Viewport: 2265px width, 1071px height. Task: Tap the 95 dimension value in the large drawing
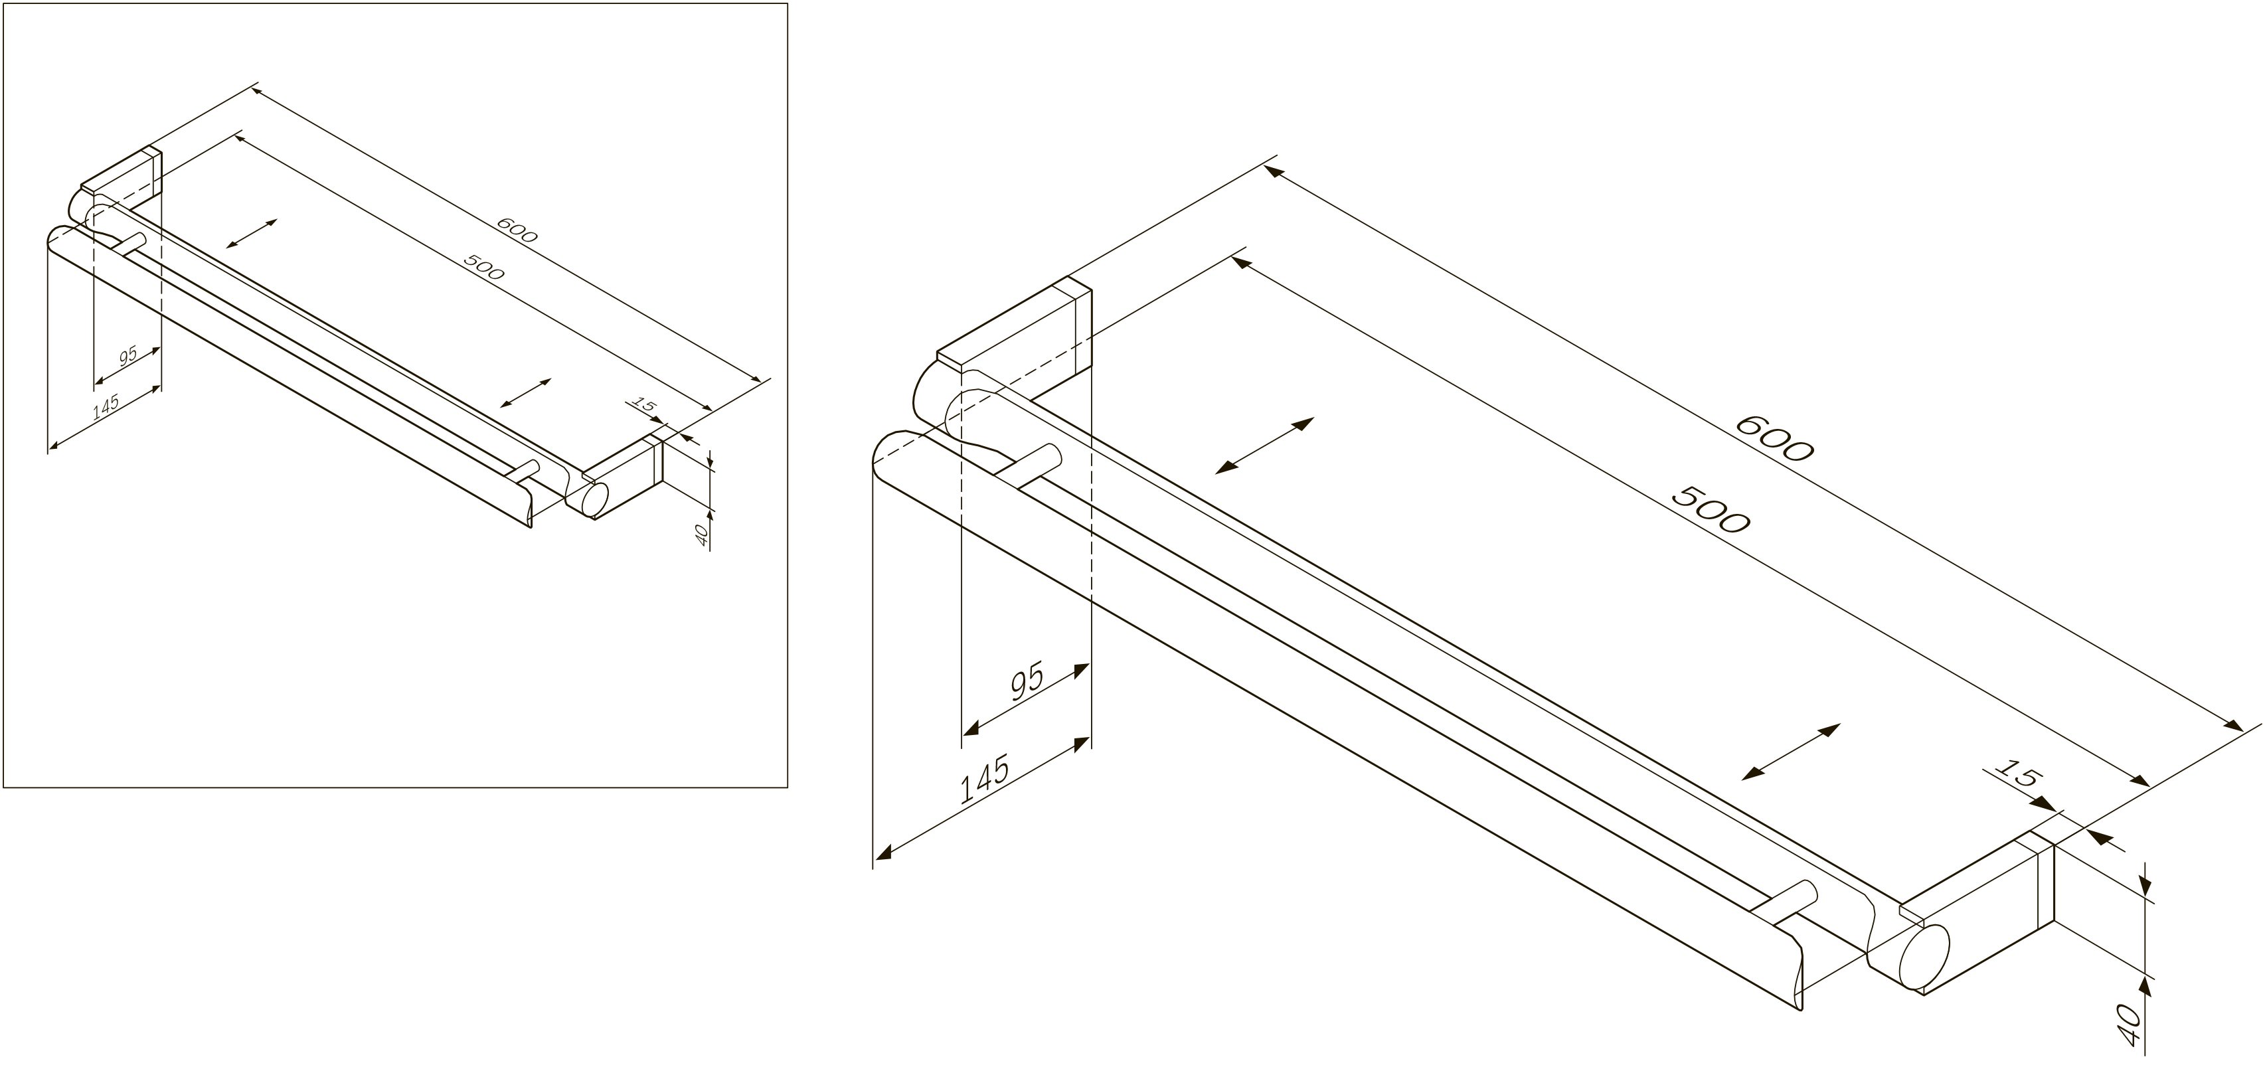click(1026, 683)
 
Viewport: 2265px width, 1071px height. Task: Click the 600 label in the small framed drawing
click(516, 230)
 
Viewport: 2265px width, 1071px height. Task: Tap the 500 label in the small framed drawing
click(483, 266)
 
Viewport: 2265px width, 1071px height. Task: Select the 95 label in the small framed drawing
click(128, 356)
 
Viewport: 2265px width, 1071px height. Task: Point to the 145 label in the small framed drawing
click(105, 406)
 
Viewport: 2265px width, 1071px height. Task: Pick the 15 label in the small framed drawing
click(645, 406)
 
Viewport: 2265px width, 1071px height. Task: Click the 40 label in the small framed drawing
click(702, 535)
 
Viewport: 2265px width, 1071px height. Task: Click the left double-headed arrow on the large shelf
click(1264, 446)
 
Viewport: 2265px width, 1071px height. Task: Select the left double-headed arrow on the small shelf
click(252, 233)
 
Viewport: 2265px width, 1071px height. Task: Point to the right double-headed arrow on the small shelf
click(525, 392)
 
